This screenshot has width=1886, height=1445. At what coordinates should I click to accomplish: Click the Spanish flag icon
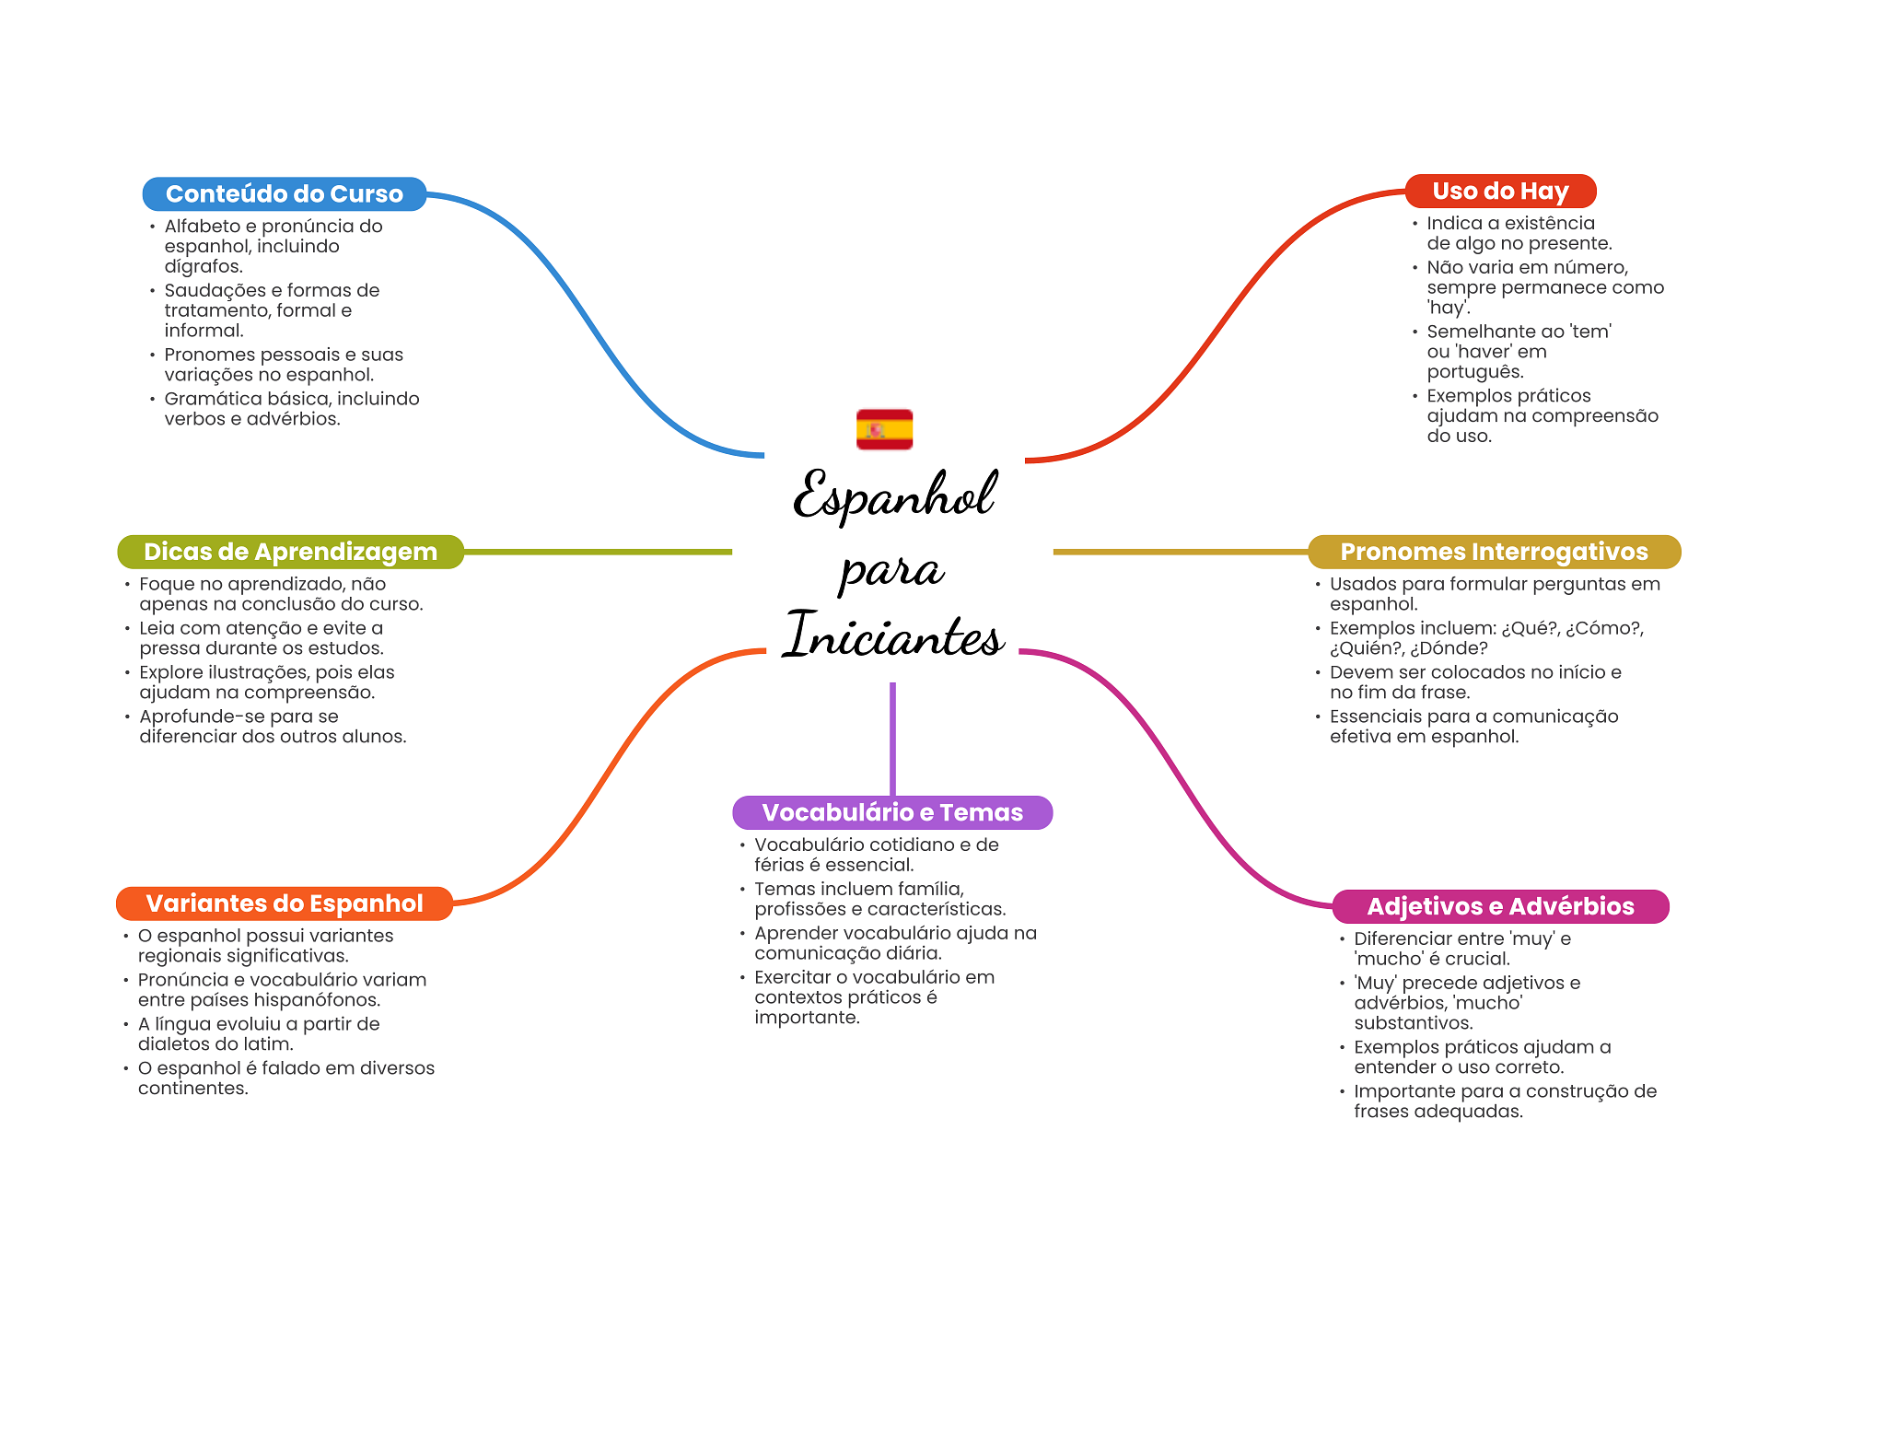coord(884,429)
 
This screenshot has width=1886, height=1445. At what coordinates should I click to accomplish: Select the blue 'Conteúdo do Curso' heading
coord(284,194)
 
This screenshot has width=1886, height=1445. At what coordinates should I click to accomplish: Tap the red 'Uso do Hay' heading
coord(1500,192)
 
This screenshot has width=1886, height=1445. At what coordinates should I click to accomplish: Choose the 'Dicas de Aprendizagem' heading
coord(290,552)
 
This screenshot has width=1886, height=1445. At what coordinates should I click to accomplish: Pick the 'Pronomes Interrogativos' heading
coord(1494,552)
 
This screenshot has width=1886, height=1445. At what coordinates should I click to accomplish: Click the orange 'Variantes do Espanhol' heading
coord(284,903)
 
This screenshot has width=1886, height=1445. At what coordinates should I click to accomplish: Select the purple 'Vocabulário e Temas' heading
coord(892,812)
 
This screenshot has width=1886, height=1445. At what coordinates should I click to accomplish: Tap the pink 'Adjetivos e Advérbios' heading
coord(1500,906)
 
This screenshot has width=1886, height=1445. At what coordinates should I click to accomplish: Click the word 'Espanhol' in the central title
coord(893,495)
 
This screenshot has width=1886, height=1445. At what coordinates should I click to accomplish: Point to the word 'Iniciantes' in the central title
coord(893,635)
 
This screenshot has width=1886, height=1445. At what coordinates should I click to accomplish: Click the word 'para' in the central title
coord(891,570)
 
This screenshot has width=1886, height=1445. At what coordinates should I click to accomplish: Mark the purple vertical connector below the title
coord(892,737)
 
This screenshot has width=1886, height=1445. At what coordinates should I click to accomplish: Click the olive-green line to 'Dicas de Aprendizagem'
coord(599,552)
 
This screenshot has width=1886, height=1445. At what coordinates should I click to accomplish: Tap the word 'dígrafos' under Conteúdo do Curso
coord(203,267)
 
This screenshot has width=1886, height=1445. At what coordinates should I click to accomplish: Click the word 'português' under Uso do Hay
coord(1474,372)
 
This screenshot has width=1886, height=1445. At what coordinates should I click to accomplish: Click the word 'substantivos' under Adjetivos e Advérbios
coord(1413,1023)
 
